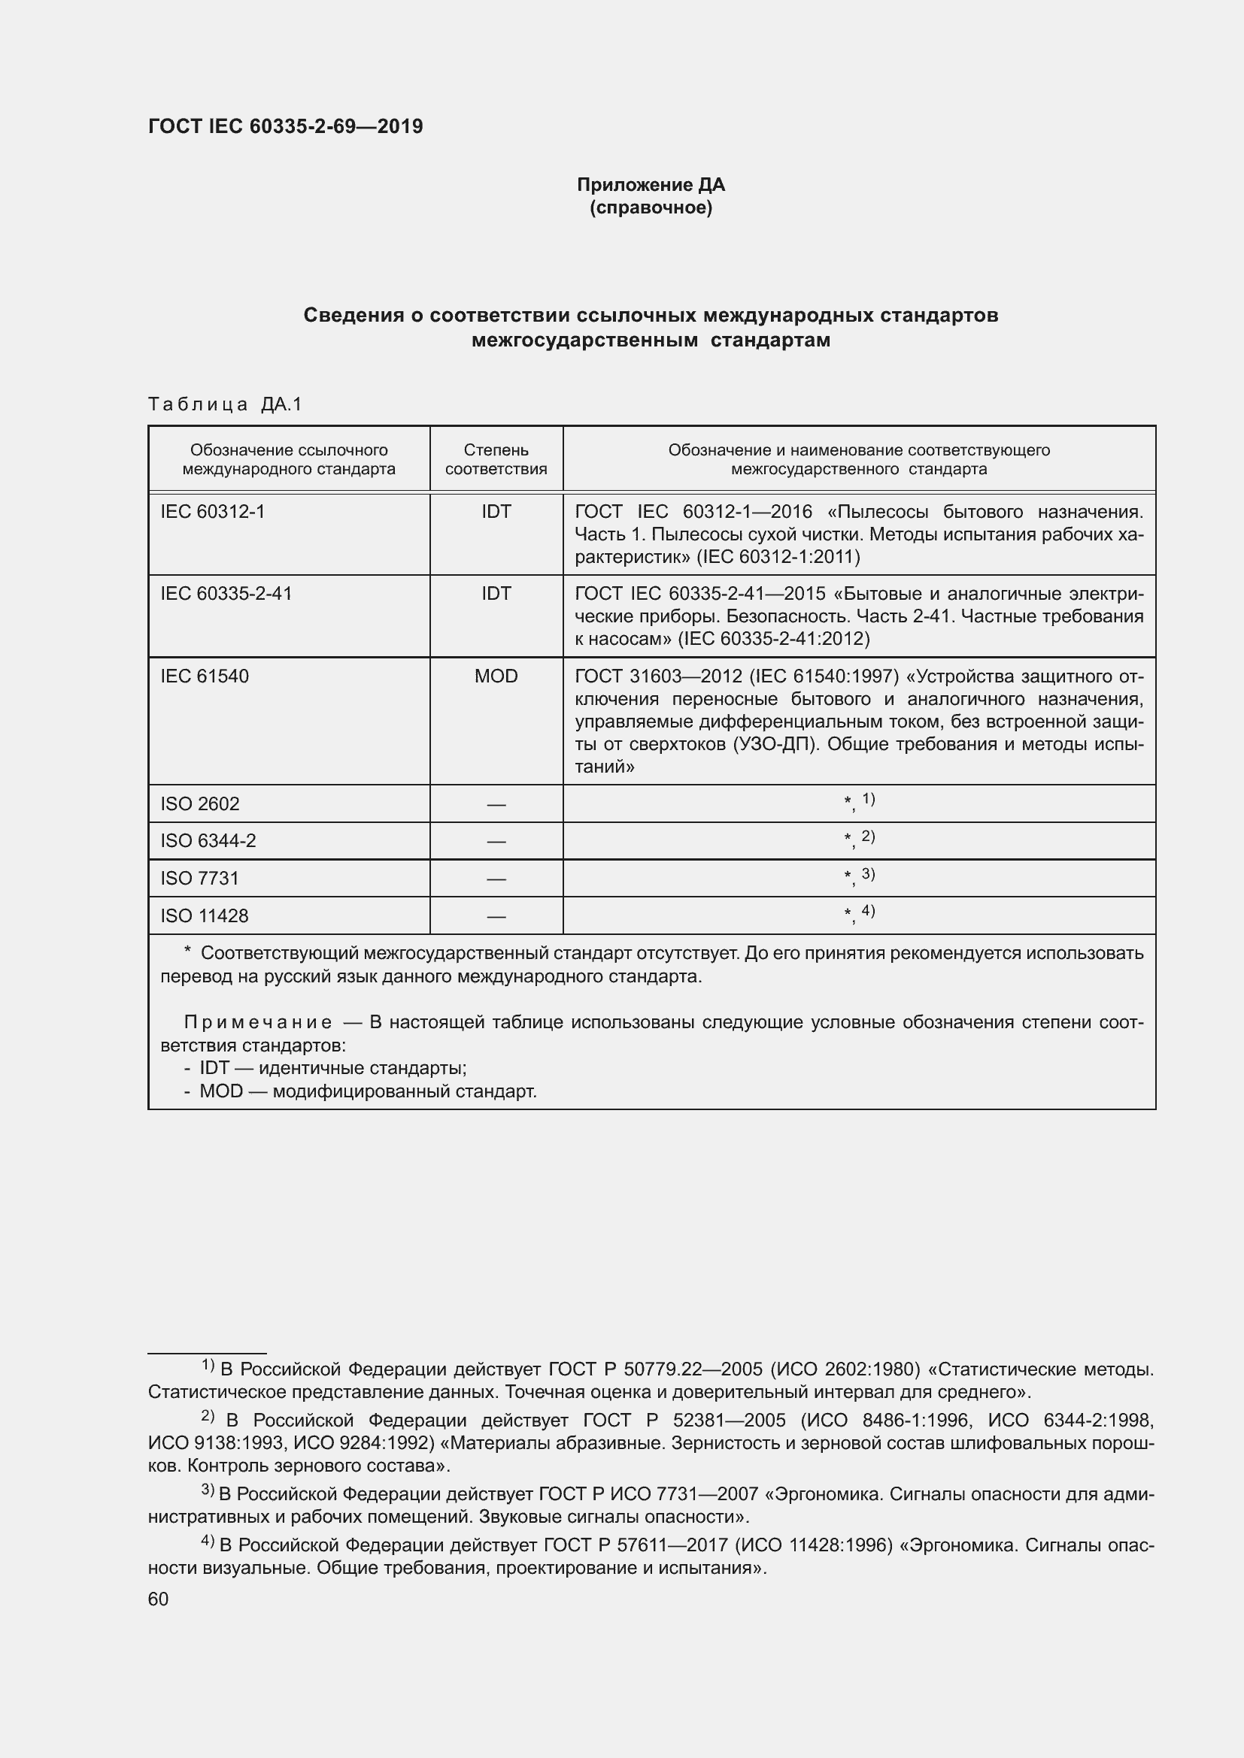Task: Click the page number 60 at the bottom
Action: [158, 1599]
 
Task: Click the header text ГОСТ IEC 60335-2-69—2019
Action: [285, 126]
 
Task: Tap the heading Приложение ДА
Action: [651, 185]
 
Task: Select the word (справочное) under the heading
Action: [651, 207]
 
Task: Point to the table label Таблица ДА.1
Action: [225, 404]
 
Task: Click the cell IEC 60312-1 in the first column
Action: [212, 512]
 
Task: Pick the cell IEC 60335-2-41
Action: [226, 594]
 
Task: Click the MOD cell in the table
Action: [496, 676]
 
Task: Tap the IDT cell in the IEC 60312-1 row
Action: [496, 512]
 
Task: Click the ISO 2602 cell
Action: [199, 804]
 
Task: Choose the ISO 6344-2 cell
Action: [208, 841]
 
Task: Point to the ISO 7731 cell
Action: [199, 878]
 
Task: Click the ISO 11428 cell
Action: [204, 915]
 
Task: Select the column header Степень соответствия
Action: [496, 459]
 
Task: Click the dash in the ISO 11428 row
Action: [496, 916]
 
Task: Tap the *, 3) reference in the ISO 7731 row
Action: [859, 876]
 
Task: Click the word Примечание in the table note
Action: [257, 1022]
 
